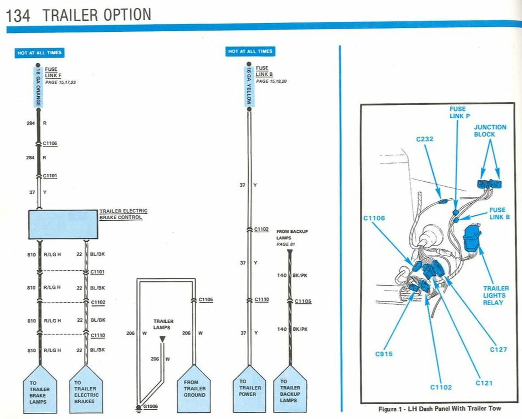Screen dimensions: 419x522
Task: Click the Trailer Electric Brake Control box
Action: tap(63, 224)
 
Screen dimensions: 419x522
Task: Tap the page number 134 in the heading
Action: tap(18, 16)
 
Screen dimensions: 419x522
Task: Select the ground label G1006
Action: tap(151, 406)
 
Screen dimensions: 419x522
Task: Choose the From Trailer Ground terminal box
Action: tap(194, 390)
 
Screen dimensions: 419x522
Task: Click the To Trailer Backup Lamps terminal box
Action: tap(290, 390)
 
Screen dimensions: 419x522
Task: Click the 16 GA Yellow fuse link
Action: tap(249, 87)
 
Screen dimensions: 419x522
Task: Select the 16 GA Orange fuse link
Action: tap(39, 88)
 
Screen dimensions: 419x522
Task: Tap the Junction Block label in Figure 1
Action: tap(490, 131)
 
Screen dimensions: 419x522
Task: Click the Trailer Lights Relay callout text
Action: tap(496, 295)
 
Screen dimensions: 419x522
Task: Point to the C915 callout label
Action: tap(384, 354)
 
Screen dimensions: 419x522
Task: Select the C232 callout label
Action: tap(425, 139)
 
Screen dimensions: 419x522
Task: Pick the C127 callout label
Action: tap(498, 350)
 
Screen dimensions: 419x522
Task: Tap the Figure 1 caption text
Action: tap(440, 409)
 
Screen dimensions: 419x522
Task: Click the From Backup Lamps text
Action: tap(292, 234)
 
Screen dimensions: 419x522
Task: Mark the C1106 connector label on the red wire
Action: tap(50, 144)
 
